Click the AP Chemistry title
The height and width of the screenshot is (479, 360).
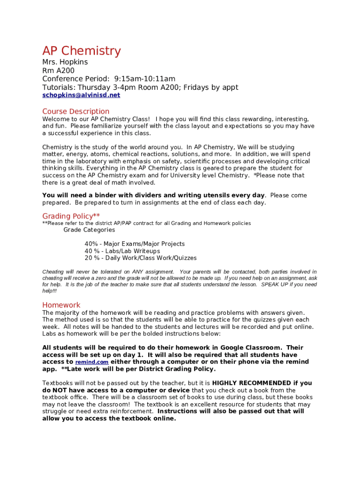pos(81,51)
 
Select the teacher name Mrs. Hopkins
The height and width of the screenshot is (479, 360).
pos(65,62)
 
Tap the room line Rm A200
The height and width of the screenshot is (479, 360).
pos(58,71)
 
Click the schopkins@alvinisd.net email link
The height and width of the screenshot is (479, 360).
pos(81,95)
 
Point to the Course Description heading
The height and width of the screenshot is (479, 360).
pos(76,111)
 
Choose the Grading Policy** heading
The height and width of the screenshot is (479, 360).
pos(71,216)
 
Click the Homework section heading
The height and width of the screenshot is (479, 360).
pos(61,305)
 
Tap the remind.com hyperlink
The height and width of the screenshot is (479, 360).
pos(92,362)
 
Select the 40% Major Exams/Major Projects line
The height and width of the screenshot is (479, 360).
pos(135,244)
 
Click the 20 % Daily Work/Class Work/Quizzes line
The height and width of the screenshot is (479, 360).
pos(140,258)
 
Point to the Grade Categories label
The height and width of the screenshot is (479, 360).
pos(89,230)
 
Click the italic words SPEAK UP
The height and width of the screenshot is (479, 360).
pos(276,284)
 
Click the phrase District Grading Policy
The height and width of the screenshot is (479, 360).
pos(182,369)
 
